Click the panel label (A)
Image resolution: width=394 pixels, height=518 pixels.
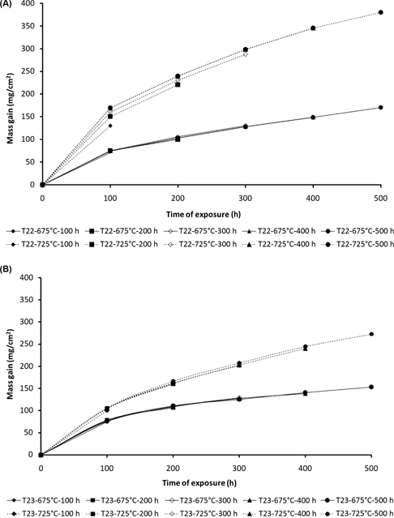point(8,5)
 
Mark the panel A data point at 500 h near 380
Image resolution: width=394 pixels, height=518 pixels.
point(380,13)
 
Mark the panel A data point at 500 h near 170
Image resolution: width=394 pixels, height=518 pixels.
point(380,108)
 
